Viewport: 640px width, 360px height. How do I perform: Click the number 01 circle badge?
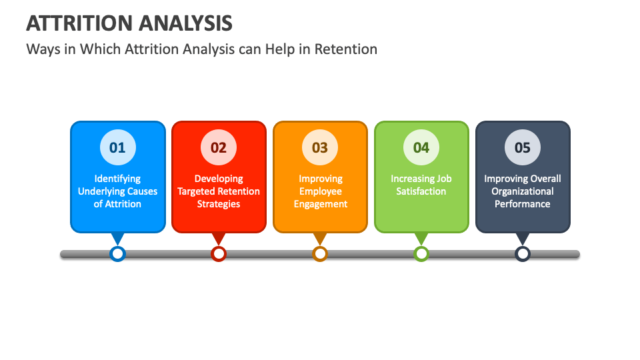click(x=117, y=147)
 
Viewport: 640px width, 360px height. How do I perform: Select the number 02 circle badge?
click(x=219, y=147)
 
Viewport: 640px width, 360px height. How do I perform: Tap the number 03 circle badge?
click(x=320, y=147)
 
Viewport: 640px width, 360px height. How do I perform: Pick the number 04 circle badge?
click(x=421, y=147)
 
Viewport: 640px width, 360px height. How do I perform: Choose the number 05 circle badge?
click(x=523, y=147)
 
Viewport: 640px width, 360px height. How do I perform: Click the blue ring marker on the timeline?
click(x=117, y=253)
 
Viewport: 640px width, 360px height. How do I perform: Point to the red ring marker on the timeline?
click(x=219, y=253)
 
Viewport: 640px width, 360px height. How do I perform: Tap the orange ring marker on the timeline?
click(x=320, y=253)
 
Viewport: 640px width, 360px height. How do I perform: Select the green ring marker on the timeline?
click(x=421, y=253)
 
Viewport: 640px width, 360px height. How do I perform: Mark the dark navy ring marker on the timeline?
click(x=523, y=253)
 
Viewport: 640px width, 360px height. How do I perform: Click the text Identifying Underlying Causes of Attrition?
click(x=117, y=191)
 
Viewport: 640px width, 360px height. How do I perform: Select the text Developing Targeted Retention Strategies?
click(x=219, y=191)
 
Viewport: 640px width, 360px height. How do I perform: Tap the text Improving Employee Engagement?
click(x=320, y=191)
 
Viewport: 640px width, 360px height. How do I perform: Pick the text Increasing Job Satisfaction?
click(x=421, y=185)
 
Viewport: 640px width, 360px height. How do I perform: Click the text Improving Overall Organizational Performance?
click(x=523, y=191)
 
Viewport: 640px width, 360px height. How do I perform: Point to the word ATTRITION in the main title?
click(x=80, y=23)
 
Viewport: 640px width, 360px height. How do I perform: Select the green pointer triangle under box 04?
click(x=421, y=238)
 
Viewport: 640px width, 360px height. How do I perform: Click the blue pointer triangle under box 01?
click(x=117, y=238)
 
